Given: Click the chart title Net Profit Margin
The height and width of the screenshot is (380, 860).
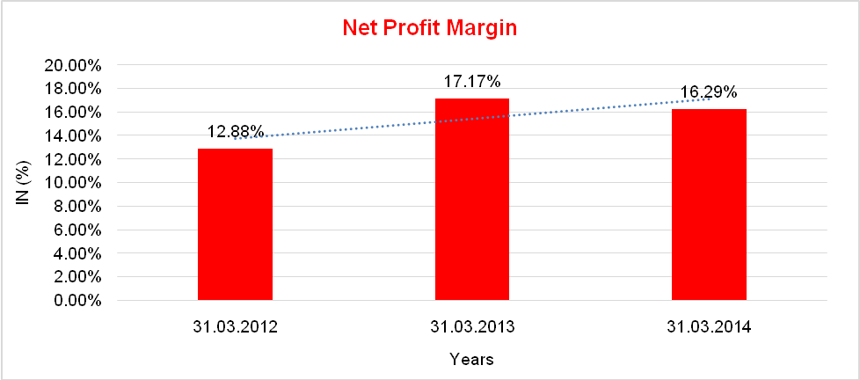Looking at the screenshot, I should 429,28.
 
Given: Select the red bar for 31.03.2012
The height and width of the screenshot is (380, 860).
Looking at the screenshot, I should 235,224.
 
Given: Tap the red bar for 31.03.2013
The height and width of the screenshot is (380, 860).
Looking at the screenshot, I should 472,200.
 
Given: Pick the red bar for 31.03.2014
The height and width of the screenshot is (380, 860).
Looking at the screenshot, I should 709,205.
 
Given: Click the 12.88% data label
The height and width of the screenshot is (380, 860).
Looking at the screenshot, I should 235,132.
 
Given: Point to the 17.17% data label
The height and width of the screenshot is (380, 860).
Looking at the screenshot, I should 472,82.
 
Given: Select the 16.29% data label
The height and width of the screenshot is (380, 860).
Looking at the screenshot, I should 709,91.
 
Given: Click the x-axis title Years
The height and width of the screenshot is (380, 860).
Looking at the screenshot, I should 471,359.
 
